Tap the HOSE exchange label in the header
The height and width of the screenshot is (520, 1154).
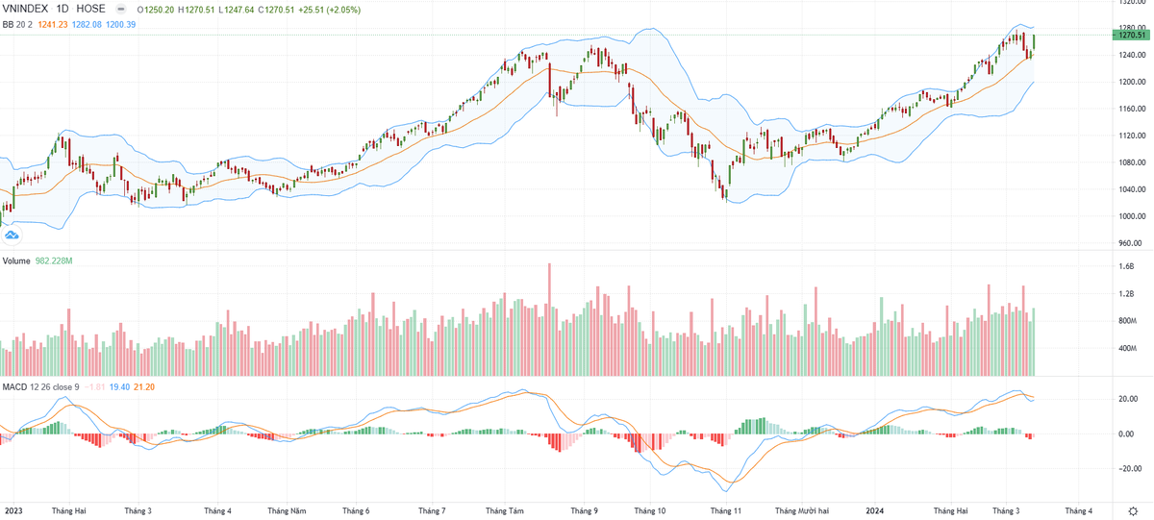tap(92, 8)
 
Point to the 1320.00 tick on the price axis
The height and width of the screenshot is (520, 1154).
tap(1132, 3)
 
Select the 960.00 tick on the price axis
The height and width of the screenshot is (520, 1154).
tap(1131, 243)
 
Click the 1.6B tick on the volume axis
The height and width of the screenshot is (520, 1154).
tap(1126, 267)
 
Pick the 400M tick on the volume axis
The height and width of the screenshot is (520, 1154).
tap(1128, 348)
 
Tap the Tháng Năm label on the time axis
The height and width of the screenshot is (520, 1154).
tap(287, 510)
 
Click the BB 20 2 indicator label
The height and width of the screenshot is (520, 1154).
tap(18, 23)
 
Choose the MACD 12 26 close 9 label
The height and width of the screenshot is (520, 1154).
tap(40, 386)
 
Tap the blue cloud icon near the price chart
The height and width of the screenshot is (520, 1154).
tap(12, 233)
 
